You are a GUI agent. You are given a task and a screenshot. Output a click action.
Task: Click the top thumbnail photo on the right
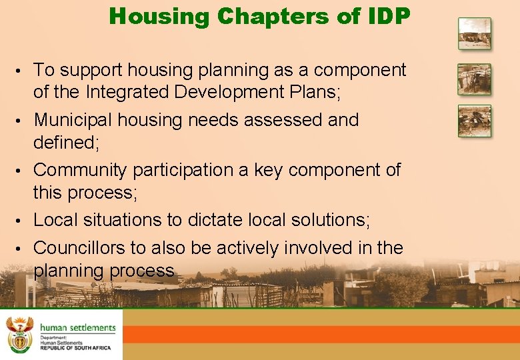pos(474,33)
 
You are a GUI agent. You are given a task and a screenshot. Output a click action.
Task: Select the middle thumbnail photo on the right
pos(474,79)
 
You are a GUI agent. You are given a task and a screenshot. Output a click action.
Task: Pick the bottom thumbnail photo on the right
pos(474,121)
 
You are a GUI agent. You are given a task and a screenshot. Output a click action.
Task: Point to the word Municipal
pos(73,120)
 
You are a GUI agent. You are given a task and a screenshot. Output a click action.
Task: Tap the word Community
pos(79,170)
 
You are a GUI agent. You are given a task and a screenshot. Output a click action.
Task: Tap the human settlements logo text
pos(77,327)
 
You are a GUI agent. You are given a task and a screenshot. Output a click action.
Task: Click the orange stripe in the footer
pos(320,334)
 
